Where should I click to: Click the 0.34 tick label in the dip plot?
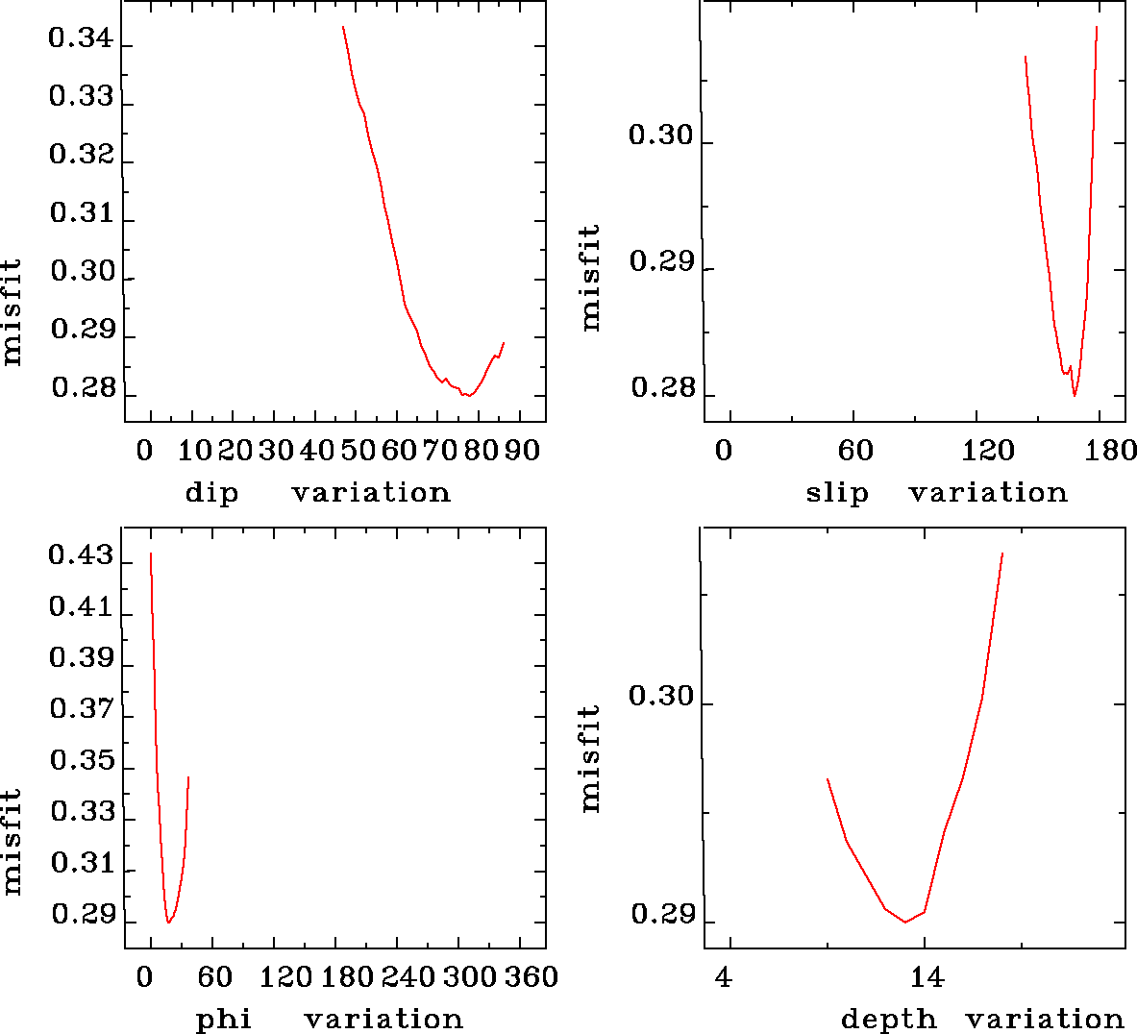point(81,40)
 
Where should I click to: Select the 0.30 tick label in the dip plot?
point(82,272)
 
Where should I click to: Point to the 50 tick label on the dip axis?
point(358,451)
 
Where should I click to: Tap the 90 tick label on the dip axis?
point(524,451)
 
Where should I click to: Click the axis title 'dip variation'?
point(318,493)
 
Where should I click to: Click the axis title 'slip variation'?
point(936,493)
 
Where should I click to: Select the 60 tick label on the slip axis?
point(855,451)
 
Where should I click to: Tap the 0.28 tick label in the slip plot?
point(662,389)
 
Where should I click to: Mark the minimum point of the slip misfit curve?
point(1075,395)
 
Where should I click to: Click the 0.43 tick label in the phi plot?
point(81,556)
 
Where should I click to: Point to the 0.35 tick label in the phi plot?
point(82,762)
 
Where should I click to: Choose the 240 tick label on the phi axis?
point(409,977)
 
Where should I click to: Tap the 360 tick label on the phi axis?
point(531,977)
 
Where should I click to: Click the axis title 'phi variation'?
point(330,1019)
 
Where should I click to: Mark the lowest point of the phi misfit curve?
point(168,923)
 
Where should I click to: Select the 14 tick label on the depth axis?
point(927,978)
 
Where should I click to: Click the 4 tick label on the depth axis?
point(724,978)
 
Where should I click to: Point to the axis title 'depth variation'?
point(982,1019)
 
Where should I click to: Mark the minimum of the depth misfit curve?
point(905,923)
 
